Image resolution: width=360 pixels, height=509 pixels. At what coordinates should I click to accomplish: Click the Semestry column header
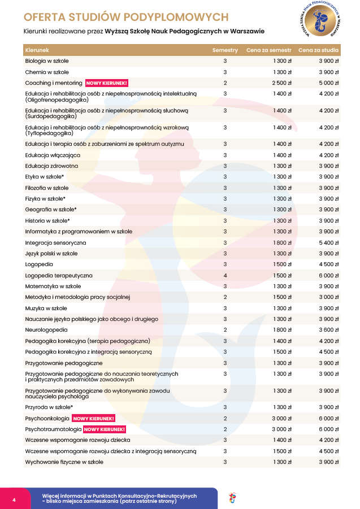pos(225,50)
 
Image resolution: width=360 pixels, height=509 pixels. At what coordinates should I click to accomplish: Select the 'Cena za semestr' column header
pos(268,50)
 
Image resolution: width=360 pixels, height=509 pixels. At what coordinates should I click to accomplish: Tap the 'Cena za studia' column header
pos(318,50)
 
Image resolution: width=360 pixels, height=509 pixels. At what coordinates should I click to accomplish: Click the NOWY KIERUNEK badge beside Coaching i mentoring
pos(107,83)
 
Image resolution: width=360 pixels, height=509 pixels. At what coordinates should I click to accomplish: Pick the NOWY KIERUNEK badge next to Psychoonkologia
pos(94,419)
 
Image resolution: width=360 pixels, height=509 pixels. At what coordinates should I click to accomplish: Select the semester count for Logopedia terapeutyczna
pos(225,276)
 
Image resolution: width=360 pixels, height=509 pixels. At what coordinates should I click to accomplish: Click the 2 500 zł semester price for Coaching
pos(281,83)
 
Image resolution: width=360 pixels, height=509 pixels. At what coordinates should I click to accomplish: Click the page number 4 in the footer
pos(14,500)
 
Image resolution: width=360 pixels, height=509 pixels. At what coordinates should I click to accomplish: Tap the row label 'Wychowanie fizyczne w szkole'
pos(64,462)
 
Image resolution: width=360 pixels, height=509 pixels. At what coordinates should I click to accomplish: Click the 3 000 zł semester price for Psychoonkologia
pos(281,419)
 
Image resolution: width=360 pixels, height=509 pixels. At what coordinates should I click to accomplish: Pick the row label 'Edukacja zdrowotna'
pos(51,166)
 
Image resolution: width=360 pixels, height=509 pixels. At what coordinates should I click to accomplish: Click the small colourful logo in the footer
pos(232,498)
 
